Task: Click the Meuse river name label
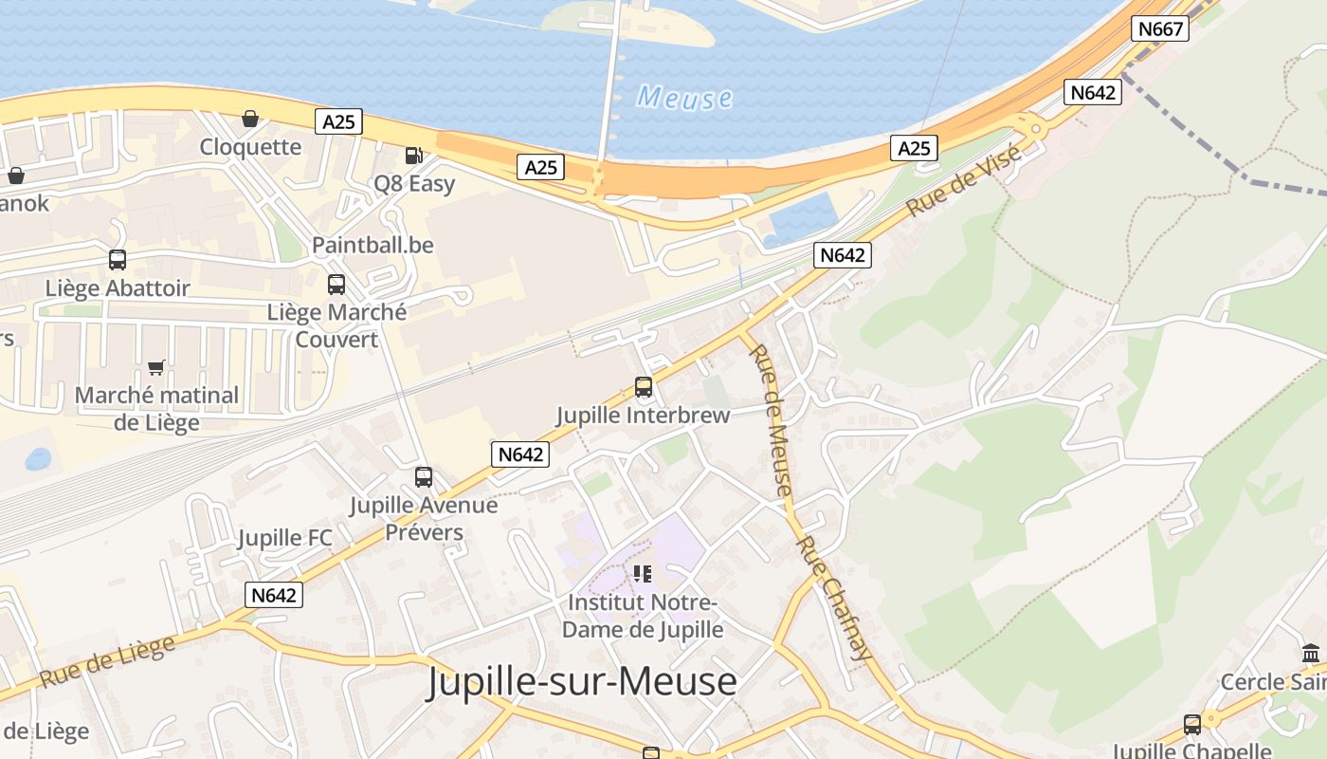[684, 98]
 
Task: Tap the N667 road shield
[1160, 28]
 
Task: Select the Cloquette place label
[250, 147]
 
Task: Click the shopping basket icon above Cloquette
[250, 119]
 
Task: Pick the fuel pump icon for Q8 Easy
[413, 155]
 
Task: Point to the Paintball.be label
[373, 245]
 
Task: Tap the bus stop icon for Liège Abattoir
[118, 259]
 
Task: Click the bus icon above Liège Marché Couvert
[336, 284]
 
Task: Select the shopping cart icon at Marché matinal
[156, 367]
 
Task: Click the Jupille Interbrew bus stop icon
[644, 386]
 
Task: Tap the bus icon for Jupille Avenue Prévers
[424, 476]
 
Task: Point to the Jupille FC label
[284, 538]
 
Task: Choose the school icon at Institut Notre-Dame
[643, 573]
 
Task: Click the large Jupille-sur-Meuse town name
[581, 681]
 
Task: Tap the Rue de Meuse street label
[770, 419]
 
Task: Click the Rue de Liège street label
[108, 660]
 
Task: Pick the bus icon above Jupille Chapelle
[1191, 725]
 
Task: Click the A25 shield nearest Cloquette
[338, 121]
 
